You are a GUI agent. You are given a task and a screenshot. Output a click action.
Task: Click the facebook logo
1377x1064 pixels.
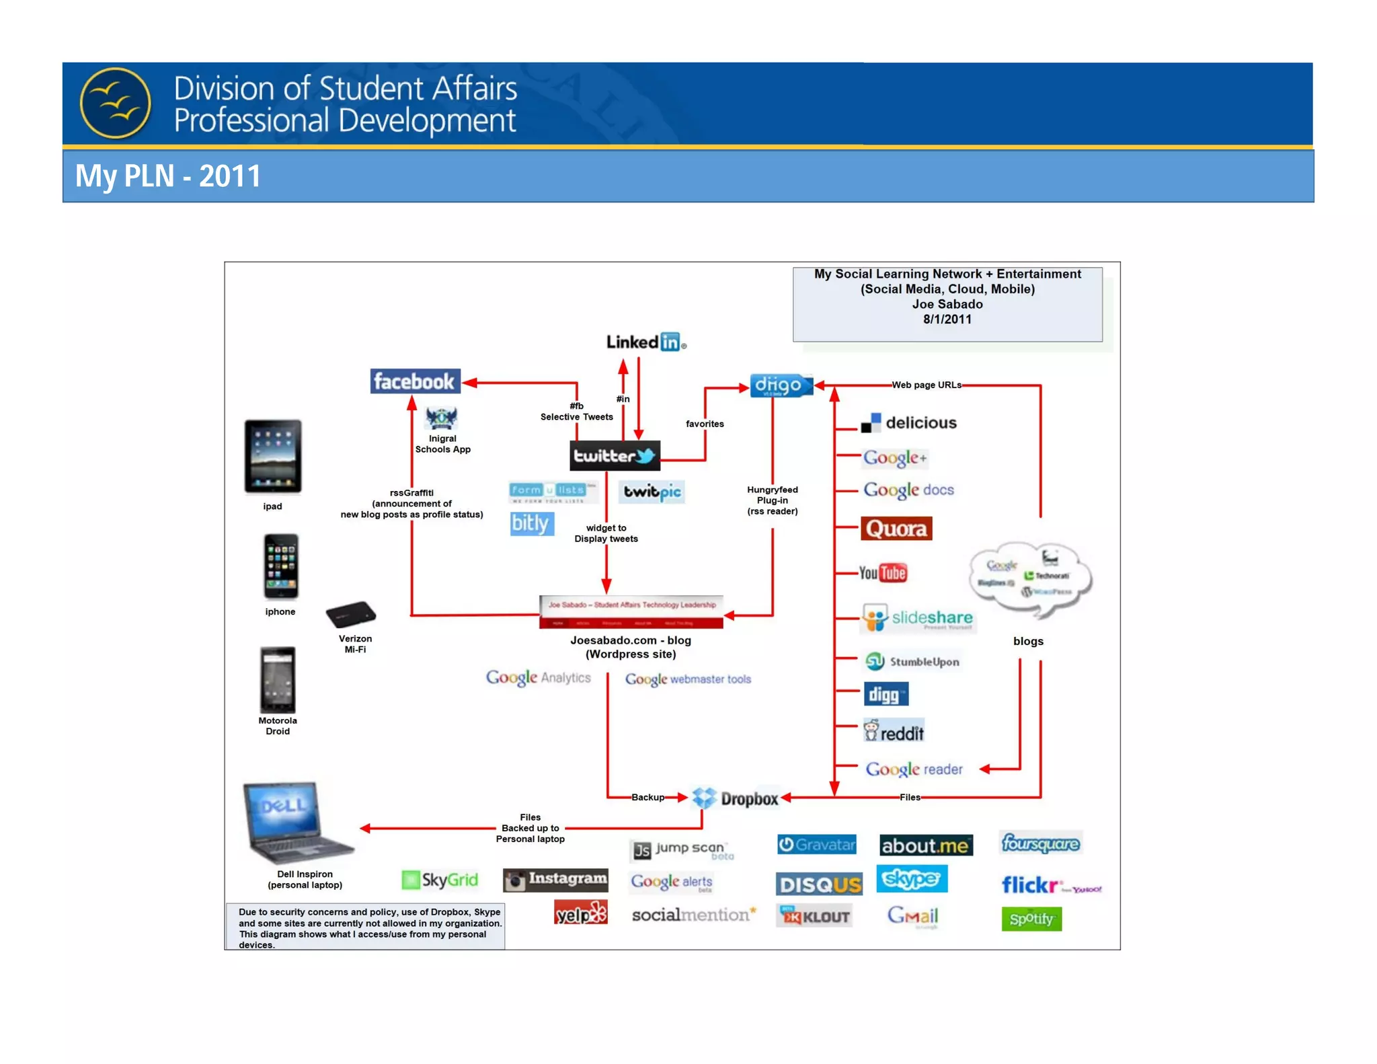pos(415,381)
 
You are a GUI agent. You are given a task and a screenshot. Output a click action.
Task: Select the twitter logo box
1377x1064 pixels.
pos(615,455)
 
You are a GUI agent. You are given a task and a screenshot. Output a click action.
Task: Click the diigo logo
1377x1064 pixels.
pos(780,385)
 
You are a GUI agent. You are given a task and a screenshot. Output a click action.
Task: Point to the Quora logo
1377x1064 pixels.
pos(896,529)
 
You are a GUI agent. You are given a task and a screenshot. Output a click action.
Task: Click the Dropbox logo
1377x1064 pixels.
pos(736,798)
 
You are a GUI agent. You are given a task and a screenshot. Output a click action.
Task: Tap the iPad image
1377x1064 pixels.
pos(272,456)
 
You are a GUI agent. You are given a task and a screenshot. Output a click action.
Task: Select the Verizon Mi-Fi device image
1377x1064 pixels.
pos(350,614)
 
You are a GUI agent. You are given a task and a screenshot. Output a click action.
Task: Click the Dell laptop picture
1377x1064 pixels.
pos(296,823)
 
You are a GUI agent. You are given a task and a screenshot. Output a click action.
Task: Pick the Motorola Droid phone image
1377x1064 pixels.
pos(278,679)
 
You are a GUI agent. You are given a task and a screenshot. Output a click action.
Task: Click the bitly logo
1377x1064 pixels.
pos(531,523)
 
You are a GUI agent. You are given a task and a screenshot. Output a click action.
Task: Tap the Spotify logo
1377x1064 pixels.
pos(1031,919)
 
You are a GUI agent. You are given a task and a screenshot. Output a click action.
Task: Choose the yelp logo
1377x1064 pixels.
pos(580,913)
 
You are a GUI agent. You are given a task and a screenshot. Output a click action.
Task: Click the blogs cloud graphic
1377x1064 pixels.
pos(1029,578)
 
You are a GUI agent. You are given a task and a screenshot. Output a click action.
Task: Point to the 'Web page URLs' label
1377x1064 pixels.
pos(926,385)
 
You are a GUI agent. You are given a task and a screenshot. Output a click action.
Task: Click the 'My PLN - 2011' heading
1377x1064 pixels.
pos(167,176)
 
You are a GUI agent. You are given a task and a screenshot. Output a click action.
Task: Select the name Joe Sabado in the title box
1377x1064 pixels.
pos(947,304)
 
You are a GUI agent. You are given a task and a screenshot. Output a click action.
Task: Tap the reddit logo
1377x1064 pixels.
pos(894,731)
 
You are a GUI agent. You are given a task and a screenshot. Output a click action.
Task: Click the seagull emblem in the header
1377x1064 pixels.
pos(116,103)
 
